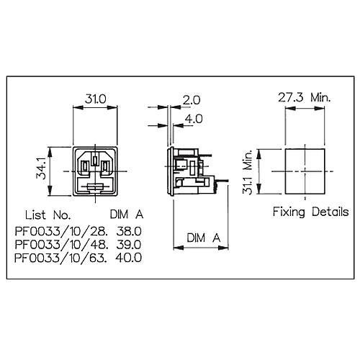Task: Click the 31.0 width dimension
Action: point(96,99)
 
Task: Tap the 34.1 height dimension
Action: point(41,168)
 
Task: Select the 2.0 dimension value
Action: point(192,100)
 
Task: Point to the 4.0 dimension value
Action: point(194,119)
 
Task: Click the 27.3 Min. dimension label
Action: point(305,97)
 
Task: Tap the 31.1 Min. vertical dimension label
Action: point(248,172)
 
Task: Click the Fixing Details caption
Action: point(310,212)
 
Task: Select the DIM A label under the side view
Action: point(203,238)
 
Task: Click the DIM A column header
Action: point(127,215)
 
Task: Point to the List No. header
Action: point(48,215)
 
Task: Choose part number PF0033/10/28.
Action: point(60,232)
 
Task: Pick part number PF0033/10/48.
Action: point(60,245)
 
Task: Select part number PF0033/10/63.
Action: point(60,258)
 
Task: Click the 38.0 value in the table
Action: point(129,231)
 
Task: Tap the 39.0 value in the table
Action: point(129,245)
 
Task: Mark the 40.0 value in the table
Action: point(128,258)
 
